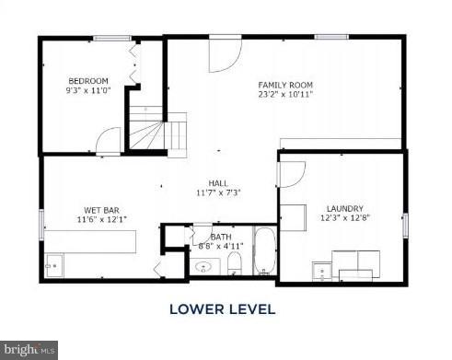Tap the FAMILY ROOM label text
click(285, 85)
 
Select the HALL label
click(218, 182)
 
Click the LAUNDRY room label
click(344, 208)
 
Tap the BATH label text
click(221, 237)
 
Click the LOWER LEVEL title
click(222, 309)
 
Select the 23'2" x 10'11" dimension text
click(285, 95)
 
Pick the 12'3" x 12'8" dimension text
click(344, 218)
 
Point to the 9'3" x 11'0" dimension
click(87, 90)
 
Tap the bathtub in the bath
click(264, 251)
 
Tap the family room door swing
click(224, 55)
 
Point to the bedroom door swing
click(109, 141)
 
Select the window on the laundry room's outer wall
click(404, 226)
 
